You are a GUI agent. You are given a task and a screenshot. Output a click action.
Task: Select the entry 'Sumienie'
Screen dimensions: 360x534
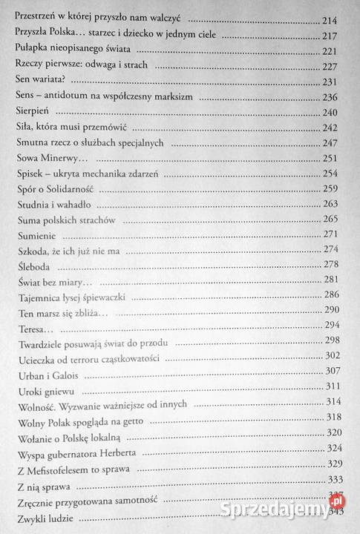36,235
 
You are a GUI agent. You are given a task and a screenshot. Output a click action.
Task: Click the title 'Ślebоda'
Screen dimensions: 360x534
33,266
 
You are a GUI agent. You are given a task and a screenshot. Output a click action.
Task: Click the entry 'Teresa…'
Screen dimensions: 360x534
34,329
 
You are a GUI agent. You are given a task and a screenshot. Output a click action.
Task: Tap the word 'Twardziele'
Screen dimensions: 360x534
42,343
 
